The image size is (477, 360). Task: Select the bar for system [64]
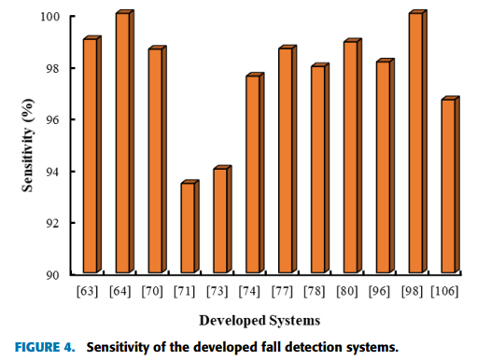click(122, 144)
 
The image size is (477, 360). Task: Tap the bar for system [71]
click(188, 228)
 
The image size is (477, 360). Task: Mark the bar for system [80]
click(350, 158)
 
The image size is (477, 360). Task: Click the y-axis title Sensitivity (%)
click(29, 146)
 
